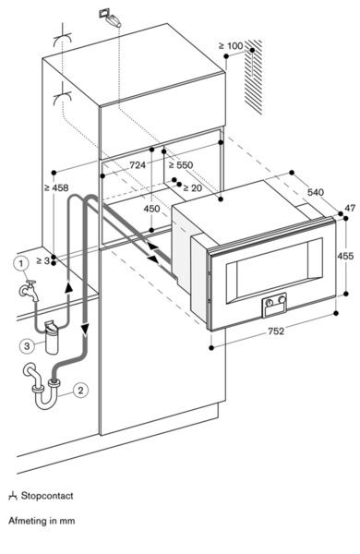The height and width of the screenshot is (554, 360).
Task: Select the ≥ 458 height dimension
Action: (56, 188)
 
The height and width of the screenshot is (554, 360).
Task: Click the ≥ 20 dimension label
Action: (192, 188)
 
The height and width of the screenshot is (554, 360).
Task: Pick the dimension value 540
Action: (316, 193)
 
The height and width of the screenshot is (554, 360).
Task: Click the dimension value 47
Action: (348, 209)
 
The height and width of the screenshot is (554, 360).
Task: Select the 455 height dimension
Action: (345, 256)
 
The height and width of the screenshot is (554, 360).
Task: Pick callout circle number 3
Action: (29, 345)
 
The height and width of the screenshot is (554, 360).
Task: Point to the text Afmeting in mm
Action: (42, 521)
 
